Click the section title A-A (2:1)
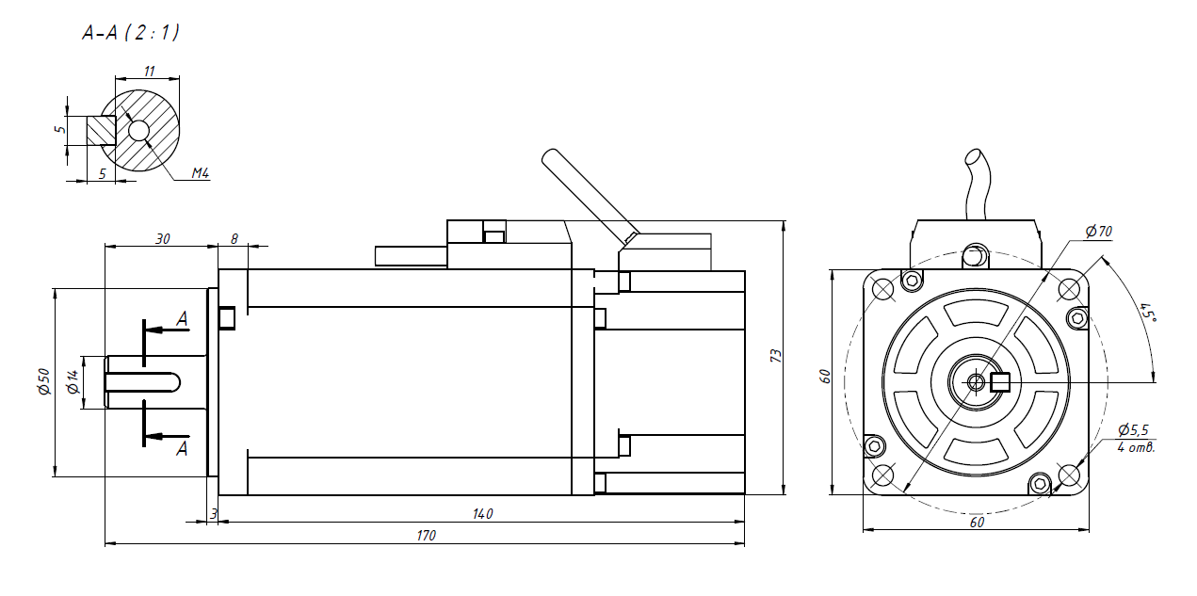pyautogui.click(x=131, y=33)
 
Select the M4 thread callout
pyautogui.click(x=200, y=173)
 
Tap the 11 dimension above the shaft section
pyautogui.click(x=149, y=71)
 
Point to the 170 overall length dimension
pyautogui.click(x=426, y=535)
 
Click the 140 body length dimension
pyautogui.click(x=482, y=513)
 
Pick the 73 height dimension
pyautogui.click(x=776, y=356)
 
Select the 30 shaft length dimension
pyautogui.click(x=162, y=239)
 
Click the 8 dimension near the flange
pyautogui.click(x=234, y=239)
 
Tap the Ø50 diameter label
pyautogui.click(x=43, y=382)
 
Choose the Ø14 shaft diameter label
pyautogui.click(x=72, y=382)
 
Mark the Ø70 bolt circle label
pyautogui.click(x=1098, y=231)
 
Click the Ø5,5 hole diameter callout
pyautogui.click(x=1133, y=429)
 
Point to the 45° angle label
pyautogui.click(x=1146, y=312)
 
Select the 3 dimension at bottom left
pyautogui.click(x=214, y=513)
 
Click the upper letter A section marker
pyautogui.click(x=182, y=319)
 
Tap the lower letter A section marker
pyautogui.click(x=182, y=449)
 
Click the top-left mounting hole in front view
pyautogui.click(x=883, y=289)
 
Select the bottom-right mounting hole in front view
pyautogui.click(x=1069, y=475)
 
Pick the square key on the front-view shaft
pyautogui.click(x=1000, y=382)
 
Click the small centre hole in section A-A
pyautogui.click(x=139, y=131)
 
